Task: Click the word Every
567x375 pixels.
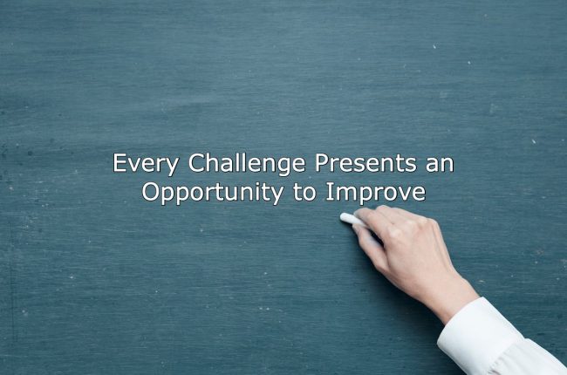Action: (x=146, y=164)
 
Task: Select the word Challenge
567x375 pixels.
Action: (x=247, y=164)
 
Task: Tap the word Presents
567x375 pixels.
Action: (x=365, y=163)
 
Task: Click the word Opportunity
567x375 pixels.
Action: (x=213, y=193)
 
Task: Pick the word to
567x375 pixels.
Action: (x=304, y=193)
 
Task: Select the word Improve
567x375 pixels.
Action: (x=376, y=193)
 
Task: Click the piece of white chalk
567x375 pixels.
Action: (x=352, y=219)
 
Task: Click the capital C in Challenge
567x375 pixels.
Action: (x=197, y=163)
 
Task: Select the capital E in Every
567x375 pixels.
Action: (x=120, y=163)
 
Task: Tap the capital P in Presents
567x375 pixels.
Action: (x=322, y=163)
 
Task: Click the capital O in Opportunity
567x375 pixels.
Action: (x=151, y=191)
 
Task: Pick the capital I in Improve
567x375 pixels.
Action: (x=329, y=191)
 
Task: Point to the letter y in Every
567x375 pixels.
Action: (x=172, y=167)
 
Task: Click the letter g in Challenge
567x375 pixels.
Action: (x=282, y=167)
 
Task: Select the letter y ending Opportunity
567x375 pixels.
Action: (x=277, y=196)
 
